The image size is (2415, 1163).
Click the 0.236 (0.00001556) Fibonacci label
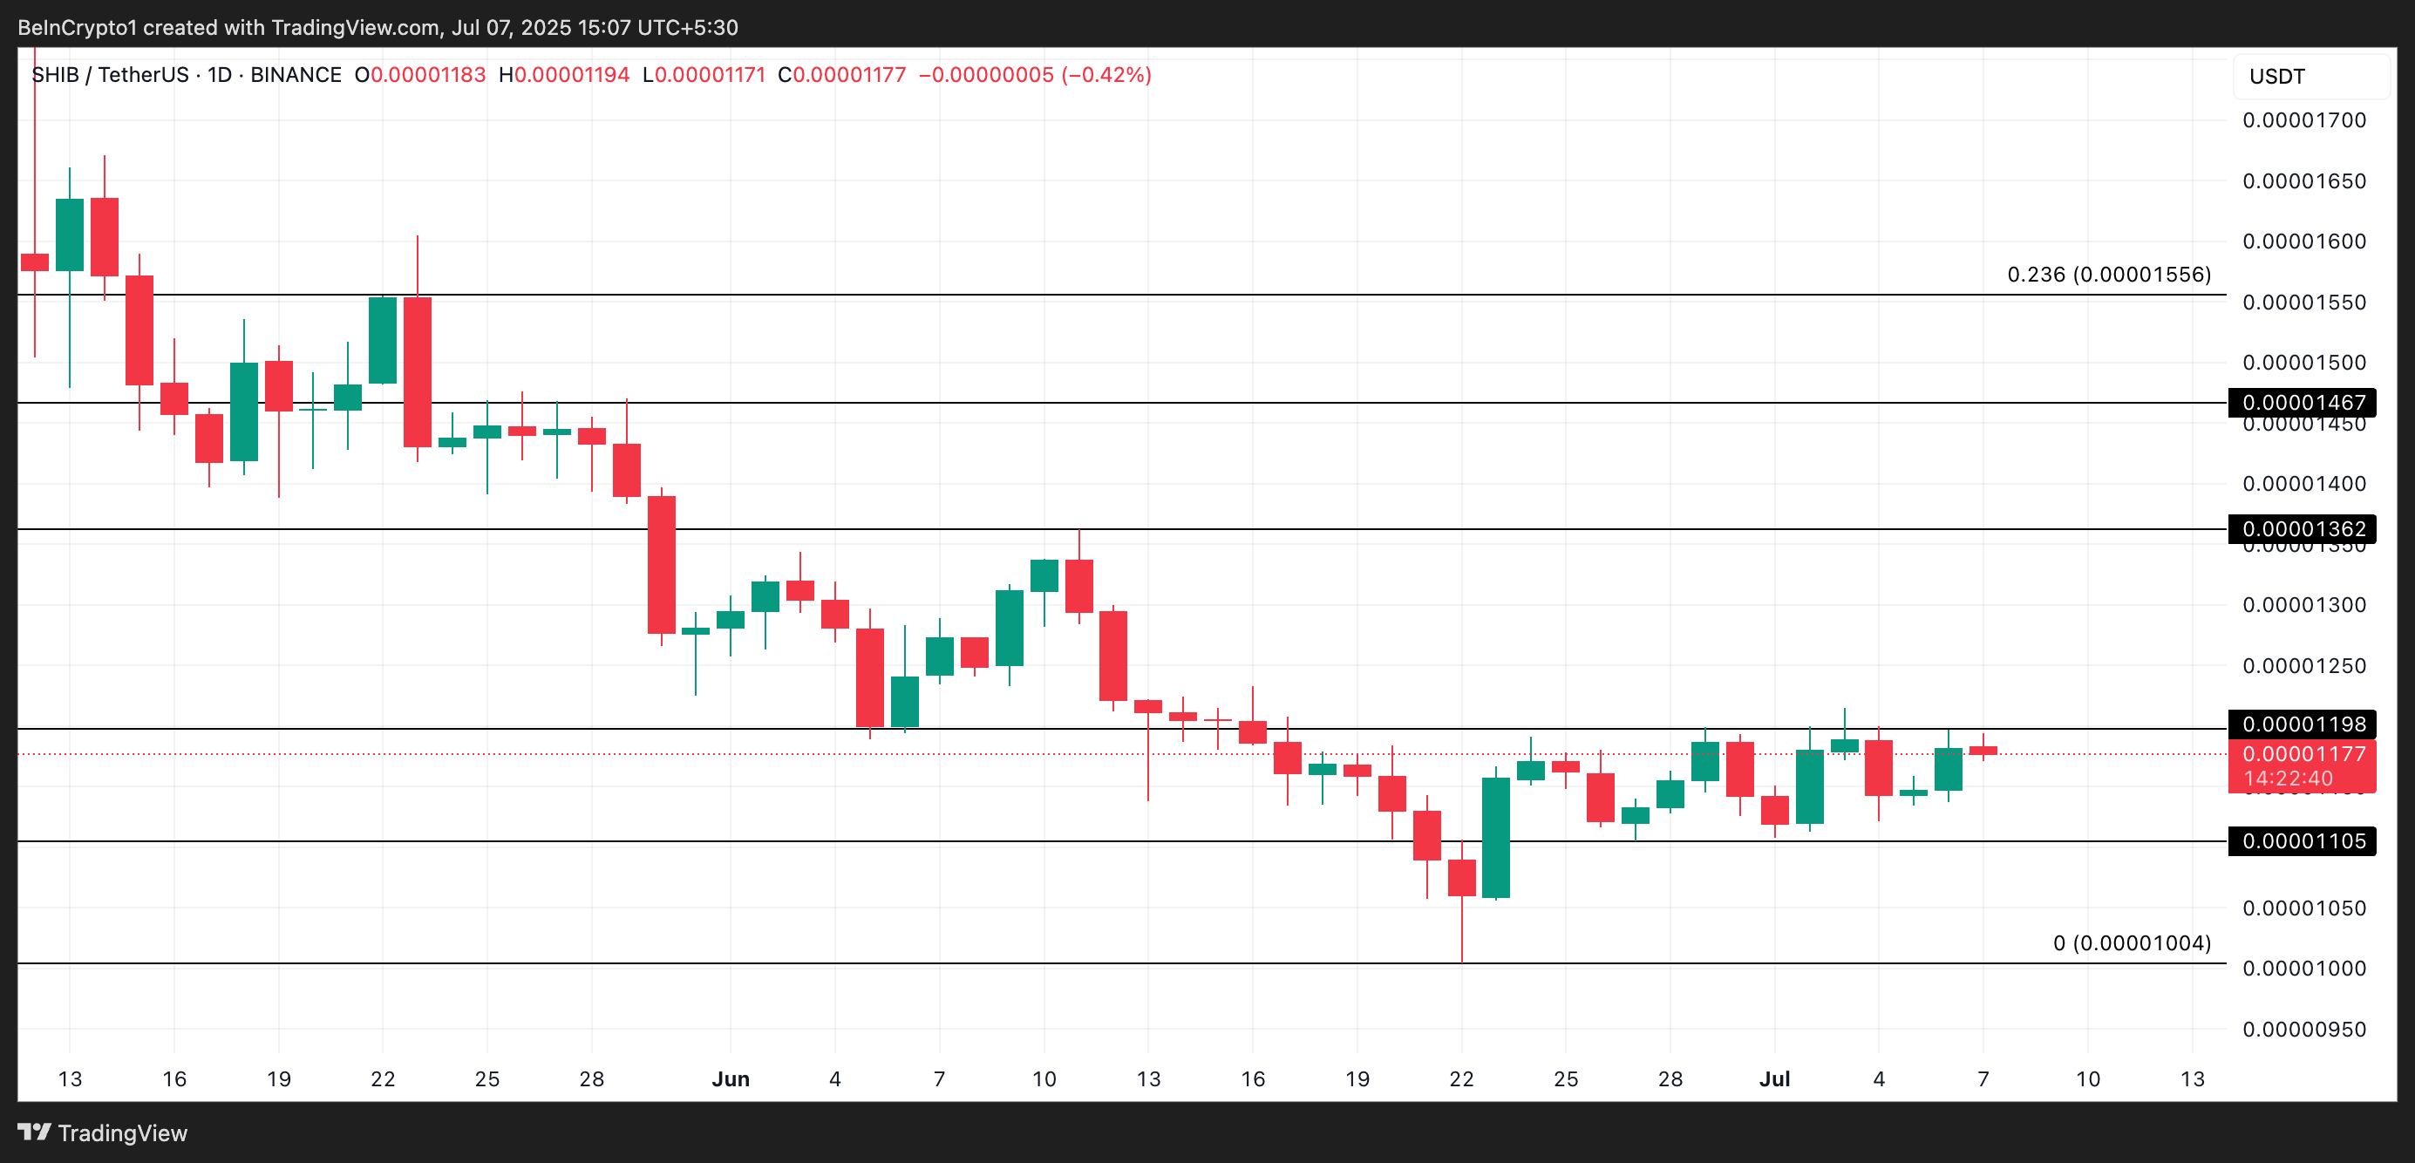[x=2108, y=275]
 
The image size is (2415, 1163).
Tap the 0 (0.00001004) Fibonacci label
[x=2131, y=942]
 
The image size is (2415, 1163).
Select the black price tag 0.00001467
[x=2303, y=403]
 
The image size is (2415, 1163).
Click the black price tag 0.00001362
[x=2303, y=529]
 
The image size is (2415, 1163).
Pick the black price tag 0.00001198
[x=2303, y=724]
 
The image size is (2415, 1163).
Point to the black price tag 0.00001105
[x=2303, y=841]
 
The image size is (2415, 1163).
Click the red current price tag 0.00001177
[x=2303, y=754]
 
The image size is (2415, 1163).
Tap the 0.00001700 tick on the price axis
[x=2303, y=120]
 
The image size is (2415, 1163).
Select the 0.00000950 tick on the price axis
[x=2303, y=1029]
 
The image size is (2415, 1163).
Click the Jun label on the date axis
[x=731, y=1078]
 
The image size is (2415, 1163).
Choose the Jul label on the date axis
[x=1773, y=1078]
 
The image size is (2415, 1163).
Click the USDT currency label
[x=2276, y=76]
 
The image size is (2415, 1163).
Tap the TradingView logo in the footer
[x=103, y=1133]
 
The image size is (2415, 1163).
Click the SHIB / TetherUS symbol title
[x=110, y=75]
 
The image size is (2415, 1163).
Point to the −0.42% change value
[x=1106, y=75]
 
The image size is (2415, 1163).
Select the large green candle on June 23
[x=1496, y=837]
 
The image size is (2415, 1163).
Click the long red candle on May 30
[x=662, y=564]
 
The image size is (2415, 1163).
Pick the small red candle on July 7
[x=1983, y=750]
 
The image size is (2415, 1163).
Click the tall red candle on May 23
[x=418, y=371]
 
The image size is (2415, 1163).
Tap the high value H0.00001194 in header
[x=564, y=75]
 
